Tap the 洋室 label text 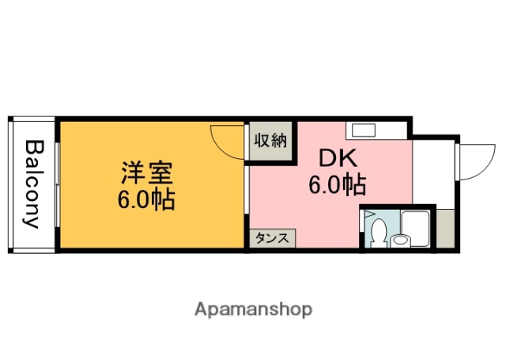146,172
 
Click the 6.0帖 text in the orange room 146,198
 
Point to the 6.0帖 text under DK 337,186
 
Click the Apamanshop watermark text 253,309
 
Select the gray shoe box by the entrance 445,229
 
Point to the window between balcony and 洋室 57,184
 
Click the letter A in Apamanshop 201,308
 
